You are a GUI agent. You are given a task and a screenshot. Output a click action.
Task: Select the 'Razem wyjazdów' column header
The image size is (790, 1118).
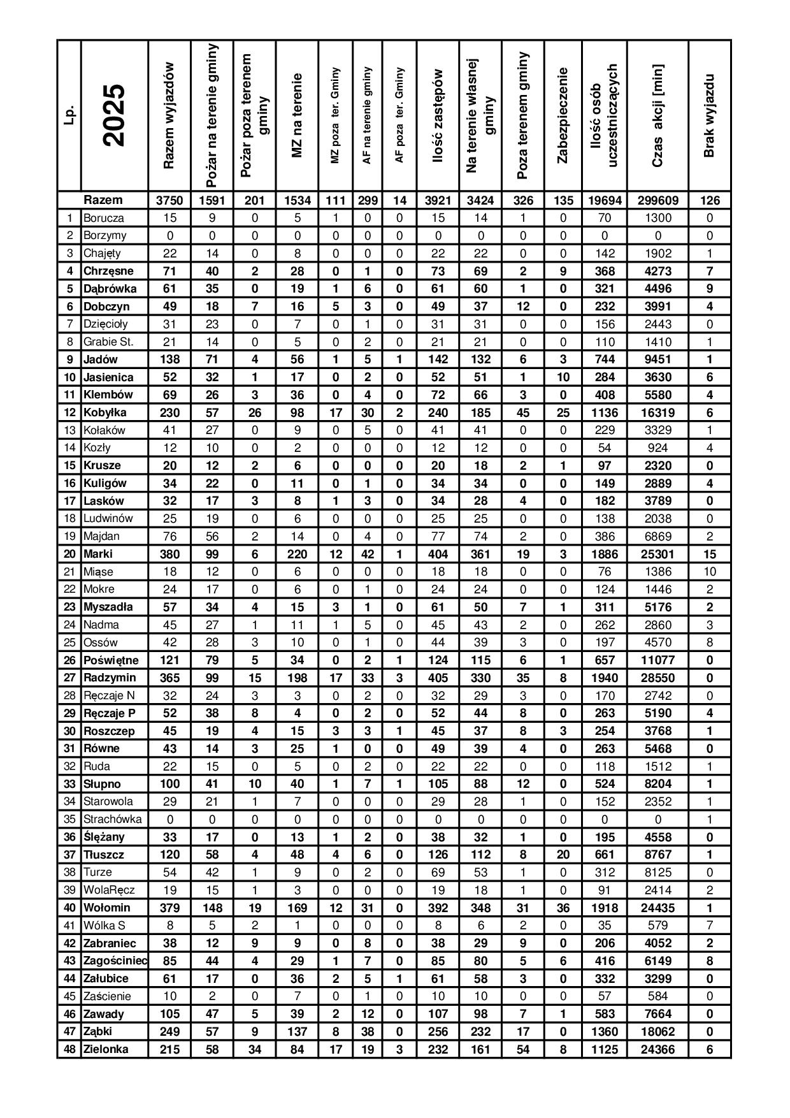click(x=169, y=115)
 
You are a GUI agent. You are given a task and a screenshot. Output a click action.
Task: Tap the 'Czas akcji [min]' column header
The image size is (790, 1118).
click(x=657, y=115)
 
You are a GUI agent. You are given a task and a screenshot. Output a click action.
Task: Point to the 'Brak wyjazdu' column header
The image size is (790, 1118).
click(x=710, y=115)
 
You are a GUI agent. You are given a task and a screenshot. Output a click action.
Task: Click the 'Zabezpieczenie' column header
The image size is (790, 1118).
click(x=563, y=115)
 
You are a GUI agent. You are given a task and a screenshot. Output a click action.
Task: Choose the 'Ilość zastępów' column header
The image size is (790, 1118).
click(x=438, y=115)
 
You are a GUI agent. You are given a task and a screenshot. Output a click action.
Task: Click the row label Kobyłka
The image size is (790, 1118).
click(x=105, y=412)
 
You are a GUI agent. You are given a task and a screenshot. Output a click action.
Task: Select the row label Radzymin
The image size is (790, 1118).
click(x=110, y=678)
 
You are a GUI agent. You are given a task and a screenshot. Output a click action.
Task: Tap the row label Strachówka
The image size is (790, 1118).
click(x=113, y=819)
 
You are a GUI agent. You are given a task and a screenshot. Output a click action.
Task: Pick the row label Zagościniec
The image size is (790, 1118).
click(x=115, y=961)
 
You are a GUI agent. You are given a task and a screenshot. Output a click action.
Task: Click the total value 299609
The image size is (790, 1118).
click(x=657, y=201)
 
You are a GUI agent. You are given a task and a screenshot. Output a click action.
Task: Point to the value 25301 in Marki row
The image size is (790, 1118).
click(x=657, y=554)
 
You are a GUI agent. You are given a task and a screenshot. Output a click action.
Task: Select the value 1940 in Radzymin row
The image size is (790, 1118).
click(x=604, y=678)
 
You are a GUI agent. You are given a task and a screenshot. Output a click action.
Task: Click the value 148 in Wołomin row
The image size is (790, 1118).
click(x=212, y=908)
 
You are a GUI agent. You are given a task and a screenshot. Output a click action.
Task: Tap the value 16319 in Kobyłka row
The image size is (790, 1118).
click(x=657, y=412)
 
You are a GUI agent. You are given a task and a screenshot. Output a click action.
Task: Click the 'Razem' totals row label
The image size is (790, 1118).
click(x=103, y=200)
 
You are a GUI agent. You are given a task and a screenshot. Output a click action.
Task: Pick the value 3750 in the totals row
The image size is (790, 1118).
click(x=169, y=201)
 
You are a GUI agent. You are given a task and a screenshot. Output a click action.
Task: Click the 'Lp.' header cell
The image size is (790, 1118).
click(x=69, y=115)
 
